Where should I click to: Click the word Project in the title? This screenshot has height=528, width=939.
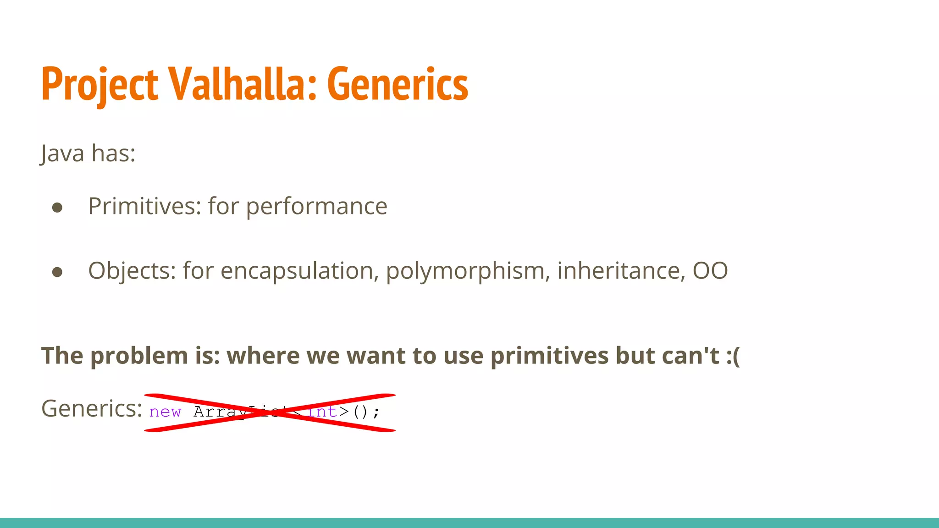(x=99, y=85)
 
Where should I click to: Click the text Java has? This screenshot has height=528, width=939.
(x=88, y=153)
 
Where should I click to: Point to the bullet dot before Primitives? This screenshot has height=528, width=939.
(x=57, y=208)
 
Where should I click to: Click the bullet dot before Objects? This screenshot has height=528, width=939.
(x=57, y=272)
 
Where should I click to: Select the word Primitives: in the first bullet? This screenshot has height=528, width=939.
(x=144, y=206)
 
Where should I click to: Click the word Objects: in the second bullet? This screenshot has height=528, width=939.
(x=132, y=270)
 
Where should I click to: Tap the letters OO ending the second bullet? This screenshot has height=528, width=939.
(x=710, y=270)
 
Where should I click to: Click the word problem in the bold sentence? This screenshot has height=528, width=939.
(x=139, y=356)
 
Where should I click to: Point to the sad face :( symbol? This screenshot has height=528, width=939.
(x=733, y=356)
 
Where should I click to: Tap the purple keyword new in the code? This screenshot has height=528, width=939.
(x=165, y=412)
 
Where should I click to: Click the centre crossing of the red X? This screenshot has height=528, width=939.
(x=271, y=412)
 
